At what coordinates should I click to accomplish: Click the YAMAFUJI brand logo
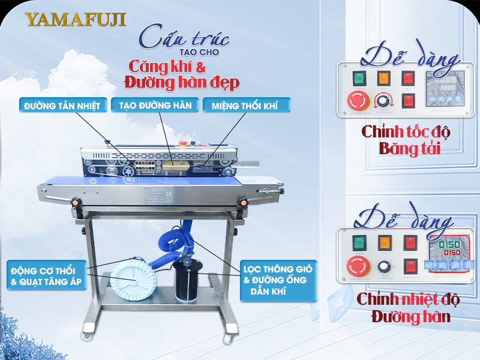[76, 19]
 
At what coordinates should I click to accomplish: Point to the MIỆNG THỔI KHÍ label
[247, 106]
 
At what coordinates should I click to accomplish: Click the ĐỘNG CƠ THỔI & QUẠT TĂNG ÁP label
[45, 273]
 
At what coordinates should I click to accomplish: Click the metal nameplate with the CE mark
[157, 195]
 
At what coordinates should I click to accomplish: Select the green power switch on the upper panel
[359, 78]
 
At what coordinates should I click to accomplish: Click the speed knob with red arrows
[382, 101]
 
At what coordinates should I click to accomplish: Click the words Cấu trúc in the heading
[184, 37]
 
